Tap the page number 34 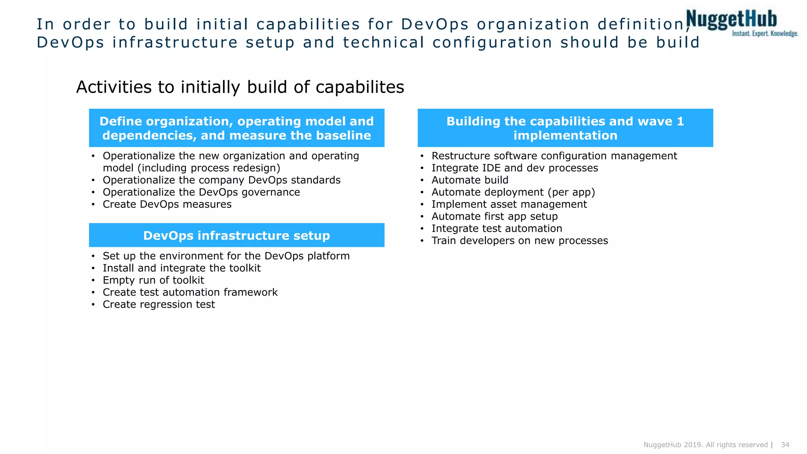tap(785, 445)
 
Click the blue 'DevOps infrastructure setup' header tap(236, 235)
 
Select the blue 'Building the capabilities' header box tap(565, 128)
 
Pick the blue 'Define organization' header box tap(236, 128)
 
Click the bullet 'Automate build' tap(470, 180)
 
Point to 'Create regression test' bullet tap(159, 305)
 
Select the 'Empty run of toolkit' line tap(153, 280)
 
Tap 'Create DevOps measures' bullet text tap(167, 205)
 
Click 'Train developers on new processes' tap(519, 241)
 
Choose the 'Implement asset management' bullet tap(509, 205)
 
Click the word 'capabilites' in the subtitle tap(360, 87)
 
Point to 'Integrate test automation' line tap(496, 229)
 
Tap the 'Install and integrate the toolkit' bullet tap(182, 268)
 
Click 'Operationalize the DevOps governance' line tap(201, 192)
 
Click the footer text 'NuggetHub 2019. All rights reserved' tap(705, 445)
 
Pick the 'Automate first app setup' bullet tap(495, 216)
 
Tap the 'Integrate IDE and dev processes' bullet tap(515, 168)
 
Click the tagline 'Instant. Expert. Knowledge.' tap(765, 34)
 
